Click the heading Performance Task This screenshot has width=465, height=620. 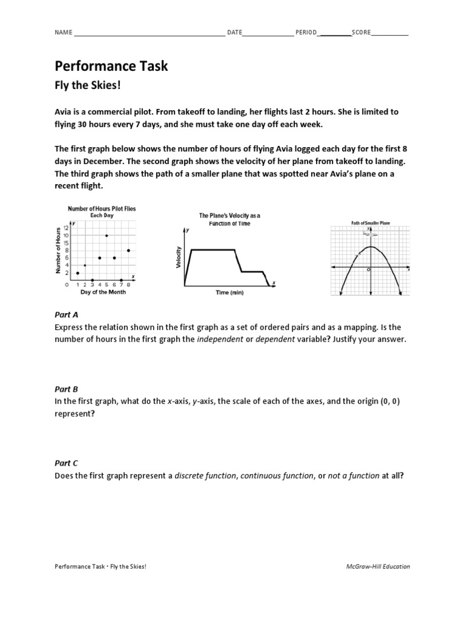click(x=111, y=66)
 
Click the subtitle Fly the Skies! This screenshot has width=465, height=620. click(x=88, y=85)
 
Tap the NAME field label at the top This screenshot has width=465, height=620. click(x=64, y=33)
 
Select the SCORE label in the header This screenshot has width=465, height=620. click(x=361, y=33)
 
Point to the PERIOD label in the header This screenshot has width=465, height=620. click(x=306, y=33)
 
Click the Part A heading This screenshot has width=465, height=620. click(x=67, y=315)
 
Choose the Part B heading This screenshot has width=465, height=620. click(x=67, y=389)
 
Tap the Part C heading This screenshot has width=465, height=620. click(x=67, y=463)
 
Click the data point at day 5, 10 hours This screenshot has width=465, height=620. click(x=107, y=236)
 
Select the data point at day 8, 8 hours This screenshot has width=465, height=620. click(x=128, y=250)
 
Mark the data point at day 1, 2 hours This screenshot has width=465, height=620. click(x=77, y=272)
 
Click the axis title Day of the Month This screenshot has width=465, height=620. click(x=103, y=292)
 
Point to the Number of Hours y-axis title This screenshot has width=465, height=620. click(x=58, y=251)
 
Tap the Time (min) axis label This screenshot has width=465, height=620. click(x=229, y=292)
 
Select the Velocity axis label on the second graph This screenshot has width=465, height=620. click(x=178, y=257)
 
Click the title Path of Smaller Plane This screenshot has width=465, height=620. click(x=371, y=223)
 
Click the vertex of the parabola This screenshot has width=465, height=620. click(x=370, y=246)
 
